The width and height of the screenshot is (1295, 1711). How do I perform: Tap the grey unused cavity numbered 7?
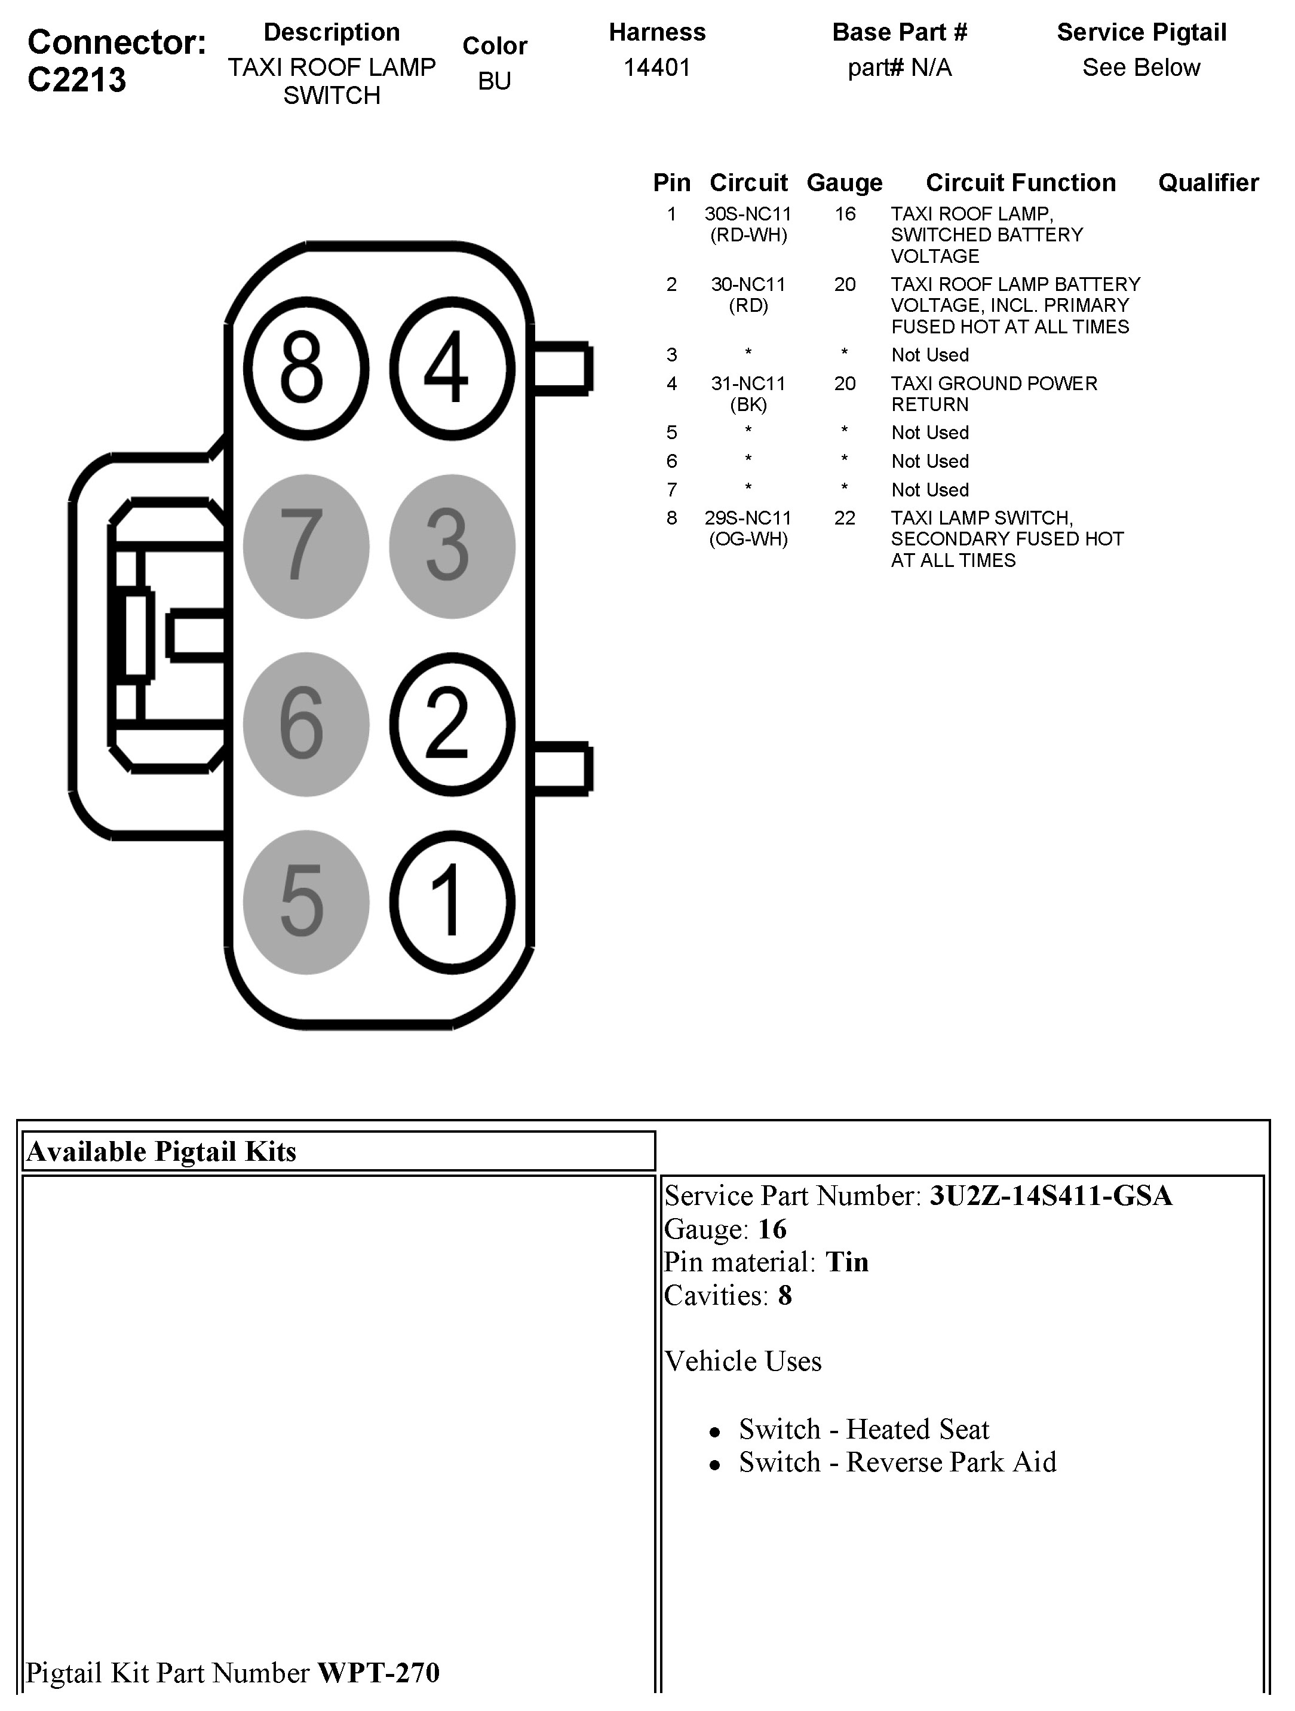306,546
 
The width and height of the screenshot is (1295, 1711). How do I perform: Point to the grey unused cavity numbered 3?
452,546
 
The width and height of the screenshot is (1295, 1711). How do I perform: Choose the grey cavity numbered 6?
306,724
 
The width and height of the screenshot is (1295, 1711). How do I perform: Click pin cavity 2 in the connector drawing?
452,724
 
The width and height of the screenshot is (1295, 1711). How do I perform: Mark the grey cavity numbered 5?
306,902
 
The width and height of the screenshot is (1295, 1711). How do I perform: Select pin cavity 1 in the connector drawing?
452,902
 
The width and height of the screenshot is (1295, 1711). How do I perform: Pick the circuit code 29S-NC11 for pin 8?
747,517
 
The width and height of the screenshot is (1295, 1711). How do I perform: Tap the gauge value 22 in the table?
844,517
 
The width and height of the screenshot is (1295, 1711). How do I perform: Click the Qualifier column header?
1208,183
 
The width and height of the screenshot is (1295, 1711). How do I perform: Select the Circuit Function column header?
1020,183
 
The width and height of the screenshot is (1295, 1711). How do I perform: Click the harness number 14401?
657,68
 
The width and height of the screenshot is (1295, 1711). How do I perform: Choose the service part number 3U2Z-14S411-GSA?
1051,1196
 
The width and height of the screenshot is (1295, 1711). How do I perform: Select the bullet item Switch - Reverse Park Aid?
897,1462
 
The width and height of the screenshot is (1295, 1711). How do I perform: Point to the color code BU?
495,81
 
